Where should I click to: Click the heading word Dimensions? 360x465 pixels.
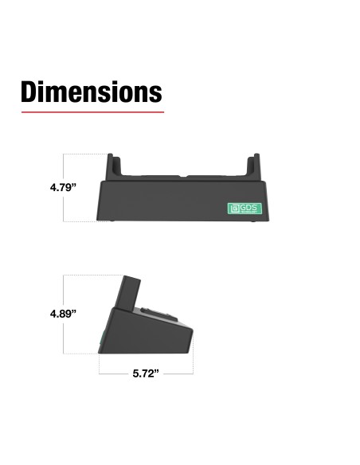click(x=91, y=92)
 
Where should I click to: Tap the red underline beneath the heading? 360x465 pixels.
click(x=91, y=112)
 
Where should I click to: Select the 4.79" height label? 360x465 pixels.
click(x=61, y=188)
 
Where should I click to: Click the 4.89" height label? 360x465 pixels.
click(x=62, y=314)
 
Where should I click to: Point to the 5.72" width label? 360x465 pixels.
click(x=146, y=373)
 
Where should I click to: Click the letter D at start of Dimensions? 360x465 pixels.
click(x=32, y=92)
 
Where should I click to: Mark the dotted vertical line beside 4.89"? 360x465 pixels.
click(x=64, y=334)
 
